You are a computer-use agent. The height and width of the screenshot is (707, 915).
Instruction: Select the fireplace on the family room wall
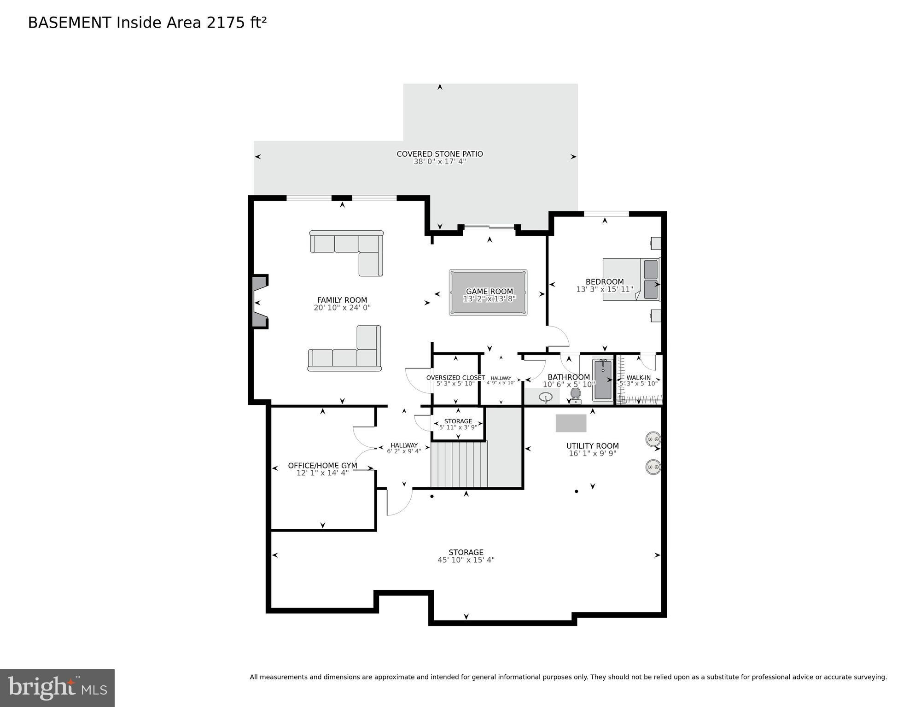point(259,302)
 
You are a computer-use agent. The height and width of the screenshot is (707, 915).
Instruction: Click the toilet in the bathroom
point(575,395)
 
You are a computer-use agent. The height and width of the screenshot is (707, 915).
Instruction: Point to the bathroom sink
point(546,397)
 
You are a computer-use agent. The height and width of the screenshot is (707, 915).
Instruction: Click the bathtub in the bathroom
point(603,380)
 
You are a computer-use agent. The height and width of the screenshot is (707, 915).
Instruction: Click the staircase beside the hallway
point(459,464)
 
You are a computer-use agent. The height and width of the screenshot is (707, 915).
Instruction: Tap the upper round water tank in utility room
point(653,439)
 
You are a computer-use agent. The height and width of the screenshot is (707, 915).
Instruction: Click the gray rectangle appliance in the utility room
point(571,423)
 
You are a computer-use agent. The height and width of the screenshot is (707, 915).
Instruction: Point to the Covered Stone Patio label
point(439,154)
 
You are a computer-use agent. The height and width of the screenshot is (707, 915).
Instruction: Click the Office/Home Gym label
point(322,466)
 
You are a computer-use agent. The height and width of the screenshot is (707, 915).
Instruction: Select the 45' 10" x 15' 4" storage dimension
point(466,560)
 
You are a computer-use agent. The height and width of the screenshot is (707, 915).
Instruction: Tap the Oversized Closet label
point(455,378)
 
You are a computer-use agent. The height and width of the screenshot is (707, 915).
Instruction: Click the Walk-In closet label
point(638,378)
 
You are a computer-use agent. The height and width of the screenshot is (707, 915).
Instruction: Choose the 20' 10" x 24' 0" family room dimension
point(342,308)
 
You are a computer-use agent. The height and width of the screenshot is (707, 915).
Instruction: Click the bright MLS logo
point(57,688)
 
